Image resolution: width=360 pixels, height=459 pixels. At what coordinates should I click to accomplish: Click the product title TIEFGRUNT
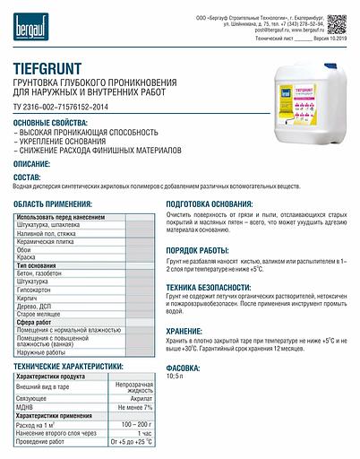[56, 66]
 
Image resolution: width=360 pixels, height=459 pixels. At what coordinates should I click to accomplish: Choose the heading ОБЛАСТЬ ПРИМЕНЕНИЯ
[56, 205]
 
